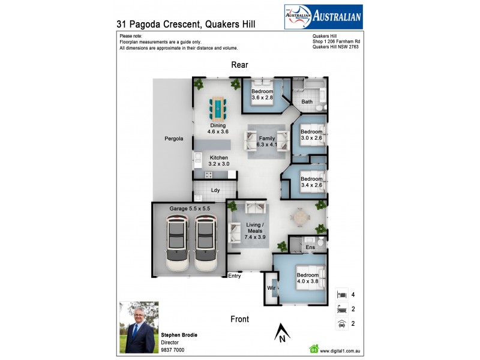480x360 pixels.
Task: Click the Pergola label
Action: [173, 139]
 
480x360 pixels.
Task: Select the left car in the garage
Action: [176, 245]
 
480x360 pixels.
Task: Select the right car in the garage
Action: [205, 245]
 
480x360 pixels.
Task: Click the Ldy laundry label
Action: [215, 190]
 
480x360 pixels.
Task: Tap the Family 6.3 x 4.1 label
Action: [267, 142]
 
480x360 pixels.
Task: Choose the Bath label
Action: [307, 102]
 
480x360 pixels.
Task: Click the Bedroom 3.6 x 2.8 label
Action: [262, 94]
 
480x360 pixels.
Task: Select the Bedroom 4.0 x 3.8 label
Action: [308, 277]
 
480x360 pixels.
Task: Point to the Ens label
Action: [310, 247]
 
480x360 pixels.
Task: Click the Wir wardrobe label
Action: [271, 289]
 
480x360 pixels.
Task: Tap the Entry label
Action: [235, 275]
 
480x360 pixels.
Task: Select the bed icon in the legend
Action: [341, 295]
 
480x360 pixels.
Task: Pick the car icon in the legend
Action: [341, 324]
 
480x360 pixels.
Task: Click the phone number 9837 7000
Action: [172, 349]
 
